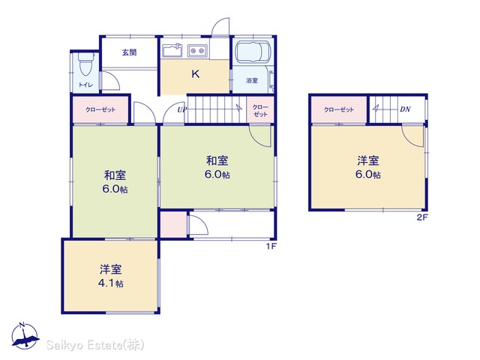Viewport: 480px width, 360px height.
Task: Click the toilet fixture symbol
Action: (x=85, y=64)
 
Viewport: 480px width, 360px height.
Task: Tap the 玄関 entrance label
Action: (x=129, y=52)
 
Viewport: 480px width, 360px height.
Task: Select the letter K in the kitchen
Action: (x=195, y=73)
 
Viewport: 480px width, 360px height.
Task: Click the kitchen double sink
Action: (x=197, y=50)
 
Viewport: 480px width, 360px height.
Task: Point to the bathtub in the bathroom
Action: (x=253, y=51)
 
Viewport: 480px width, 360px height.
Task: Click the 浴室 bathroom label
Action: (x=252, y=80)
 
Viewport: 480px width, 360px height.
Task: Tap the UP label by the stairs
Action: (x=181, y=109)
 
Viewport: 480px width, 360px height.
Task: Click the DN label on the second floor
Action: (x=405, y=109)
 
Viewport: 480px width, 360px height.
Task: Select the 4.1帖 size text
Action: (x=111, y=283)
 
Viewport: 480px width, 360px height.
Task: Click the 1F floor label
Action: (x=271, y=246)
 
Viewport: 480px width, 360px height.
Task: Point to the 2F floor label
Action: (x=421, y=217)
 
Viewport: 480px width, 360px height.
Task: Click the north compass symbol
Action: (x=25, y=336)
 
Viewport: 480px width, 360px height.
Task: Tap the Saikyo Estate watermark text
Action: (x=95, y=345)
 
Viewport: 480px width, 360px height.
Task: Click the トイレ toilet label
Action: (x=85, y=85)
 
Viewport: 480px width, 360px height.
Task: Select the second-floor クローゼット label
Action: (x=339, y=109)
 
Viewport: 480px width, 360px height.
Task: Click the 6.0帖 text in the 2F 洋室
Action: (x=368, y=174)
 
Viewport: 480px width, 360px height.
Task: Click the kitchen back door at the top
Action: (x=220, y=27)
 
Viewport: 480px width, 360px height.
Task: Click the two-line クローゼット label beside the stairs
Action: (x=260, y=110)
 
